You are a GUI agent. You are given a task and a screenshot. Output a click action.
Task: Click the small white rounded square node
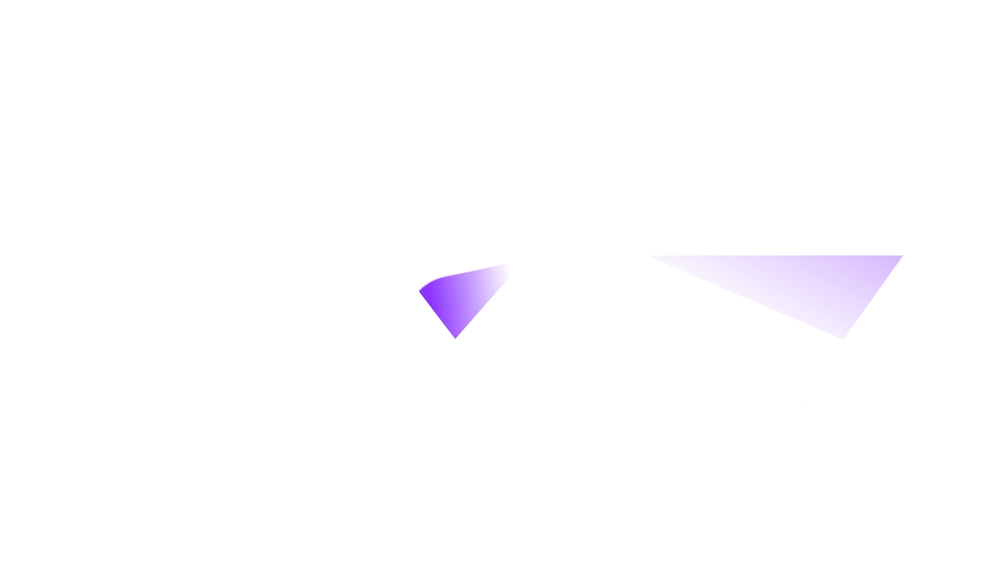coord(525,182)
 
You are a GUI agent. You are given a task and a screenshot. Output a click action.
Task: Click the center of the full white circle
coord(542,383)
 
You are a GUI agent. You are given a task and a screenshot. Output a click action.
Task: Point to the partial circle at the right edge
coord(983,383)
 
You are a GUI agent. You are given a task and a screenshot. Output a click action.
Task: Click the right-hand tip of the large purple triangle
coord(902,257)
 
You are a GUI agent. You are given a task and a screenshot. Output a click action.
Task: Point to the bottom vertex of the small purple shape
coord(455,338)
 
